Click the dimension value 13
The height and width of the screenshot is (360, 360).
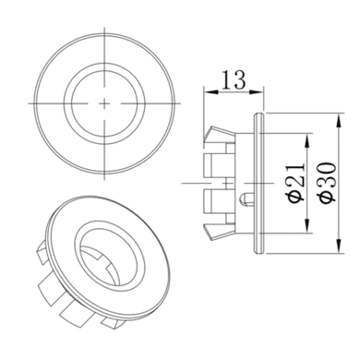(x=234, y=80)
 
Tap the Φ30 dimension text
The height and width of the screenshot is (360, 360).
(x=328, y=182)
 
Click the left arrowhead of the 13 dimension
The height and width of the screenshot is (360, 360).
(x=210, y=91)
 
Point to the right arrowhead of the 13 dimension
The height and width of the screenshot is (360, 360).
(x=257, y=91)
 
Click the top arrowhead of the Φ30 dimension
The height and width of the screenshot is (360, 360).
(x=339, y=121)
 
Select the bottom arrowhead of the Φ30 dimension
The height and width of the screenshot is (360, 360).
(x=339, y=246)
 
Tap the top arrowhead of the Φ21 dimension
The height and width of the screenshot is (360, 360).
(x=306, y=140)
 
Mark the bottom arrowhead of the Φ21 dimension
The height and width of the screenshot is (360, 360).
(x=306, y=225)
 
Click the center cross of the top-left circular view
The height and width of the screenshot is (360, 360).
(x=104, y=103)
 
